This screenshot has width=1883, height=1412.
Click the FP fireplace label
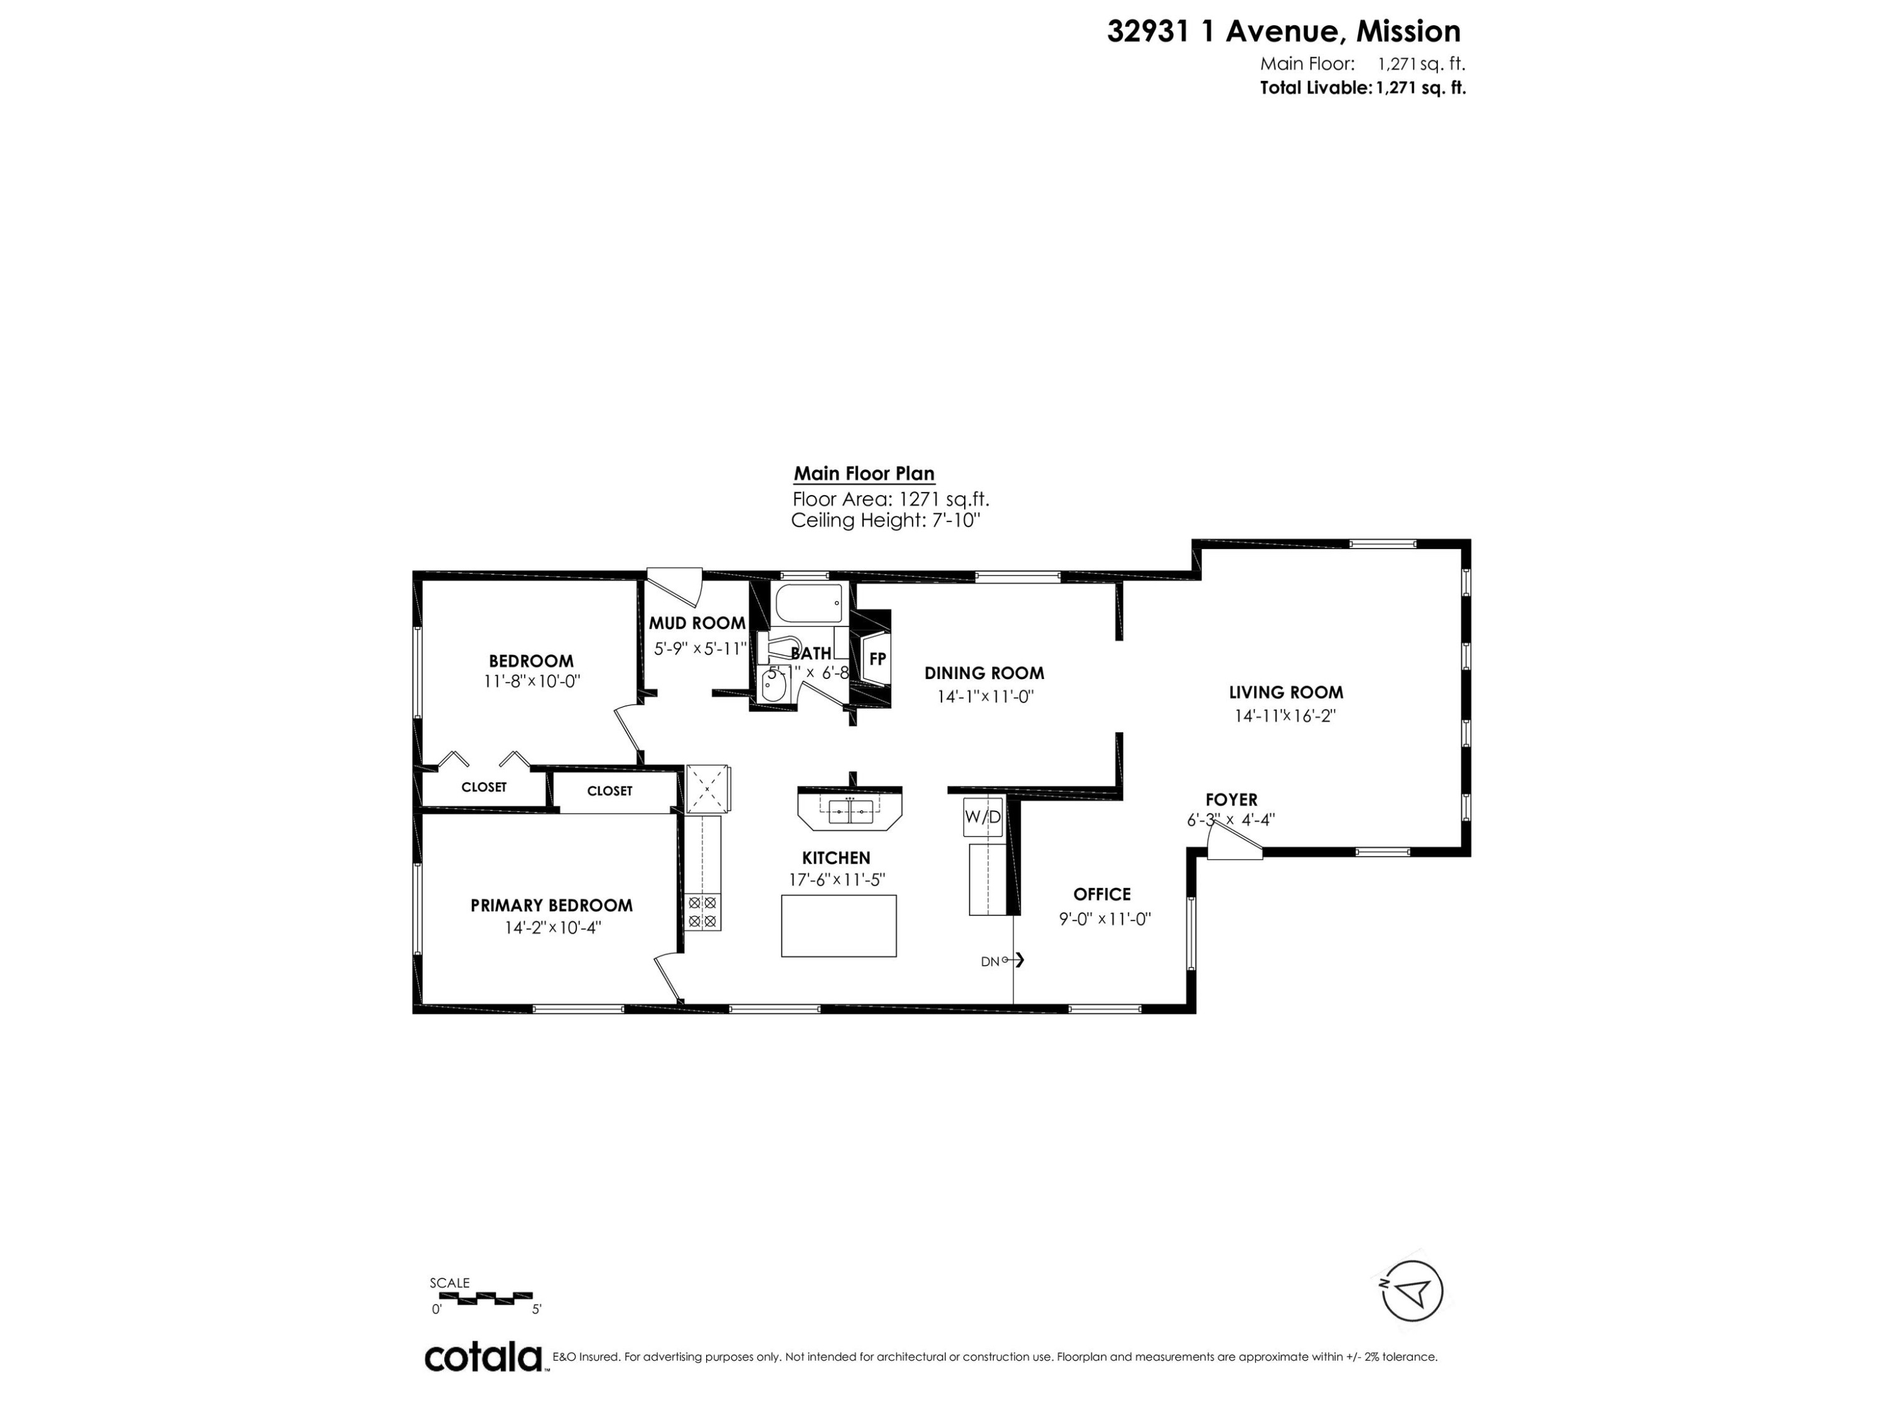(x=877, y=659)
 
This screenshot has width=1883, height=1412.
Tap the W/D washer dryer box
(x=982, y=817)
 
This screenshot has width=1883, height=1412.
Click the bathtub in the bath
(x=808, y=604)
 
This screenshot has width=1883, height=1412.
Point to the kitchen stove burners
(x=703, y=912)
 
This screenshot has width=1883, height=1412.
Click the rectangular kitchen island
(x=839, y=926)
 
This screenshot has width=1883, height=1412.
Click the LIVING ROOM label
(x=1285, y=693)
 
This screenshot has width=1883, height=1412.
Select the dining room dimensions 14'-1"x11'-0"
(x=985, y=696)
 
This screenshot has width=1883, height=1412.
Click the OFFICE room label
(x=1102, y=894)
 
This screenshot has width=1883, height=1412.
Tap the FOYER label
(x=1231, y=800)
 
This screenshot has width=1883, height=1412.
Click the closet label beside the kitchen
(x=609, y=791)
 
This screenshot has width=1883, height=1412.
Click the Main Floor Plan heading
(x=864, y=474)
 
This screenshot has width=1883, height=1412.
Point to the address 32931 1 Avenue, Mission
(x=1283, y=31)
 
